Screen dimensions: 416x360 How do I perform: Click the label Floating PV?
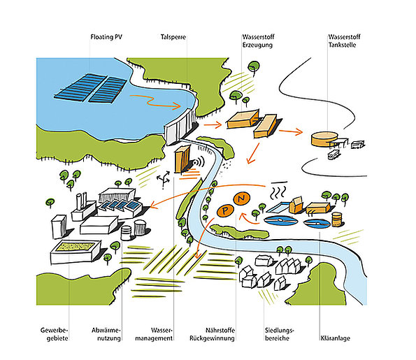106,37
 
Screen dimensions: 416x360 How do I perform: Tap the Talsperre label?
173,37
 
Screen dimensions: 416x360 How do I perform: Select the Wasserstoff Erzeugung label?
258,41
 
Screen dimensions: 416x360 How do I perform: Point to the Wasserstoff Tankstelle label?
344,41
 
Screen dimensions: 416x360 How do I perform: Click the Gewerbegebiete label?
54,334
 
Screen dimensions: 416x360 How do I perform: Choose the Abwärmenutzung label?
106,334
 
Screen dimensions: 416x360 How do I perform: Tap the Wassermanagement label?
154,334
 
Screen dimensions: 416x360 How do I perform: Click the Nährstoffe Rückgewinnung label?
213,334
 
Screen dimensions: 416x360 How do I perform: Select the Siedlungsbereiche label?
279,334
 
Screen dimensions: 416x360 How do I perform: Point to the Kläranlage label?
336,338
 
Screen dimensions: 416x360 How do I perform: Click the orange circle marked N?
241,198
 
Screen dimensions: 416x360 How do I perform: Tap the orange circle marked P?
225,211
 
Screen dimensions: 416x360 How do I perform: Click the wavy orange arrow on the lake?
155,102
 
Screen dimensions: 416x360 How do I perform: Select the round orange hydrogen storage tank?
324,139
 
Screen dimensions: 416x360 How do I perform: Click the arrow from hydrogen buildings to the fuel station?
291,131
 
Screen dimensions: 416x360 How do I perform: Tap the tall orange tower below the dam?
182,159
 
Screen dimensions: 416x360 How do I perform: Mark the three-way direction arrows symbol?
164,180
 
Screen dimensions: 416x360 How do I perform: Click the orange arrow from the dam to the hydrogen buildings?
213,124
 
